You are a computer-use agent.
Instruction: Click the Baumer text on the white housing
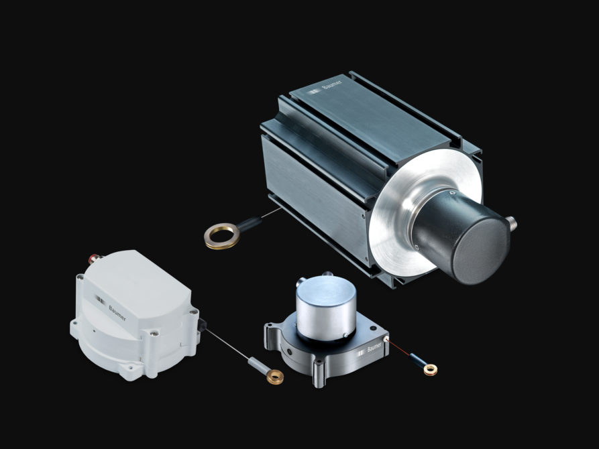[x=117, y=313]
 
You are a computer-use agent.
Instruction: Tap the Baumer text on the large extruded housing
[x=332, y=84]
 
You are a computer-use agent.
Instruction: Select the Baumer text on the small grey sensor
[x=374, y=347]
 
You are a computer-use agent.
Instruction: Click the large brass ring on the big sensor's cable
[x=222, y=236]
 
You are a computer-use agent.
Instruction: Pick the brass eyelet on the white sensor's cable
[x=275, y=377]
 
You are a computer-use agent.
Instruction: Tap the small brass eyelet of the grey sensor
[x=431, y=369]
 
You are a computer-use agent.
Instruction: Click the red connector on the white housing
[x=93, y=259]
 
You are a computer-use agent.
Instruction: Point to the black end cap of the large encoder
[x=482, y=250]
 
